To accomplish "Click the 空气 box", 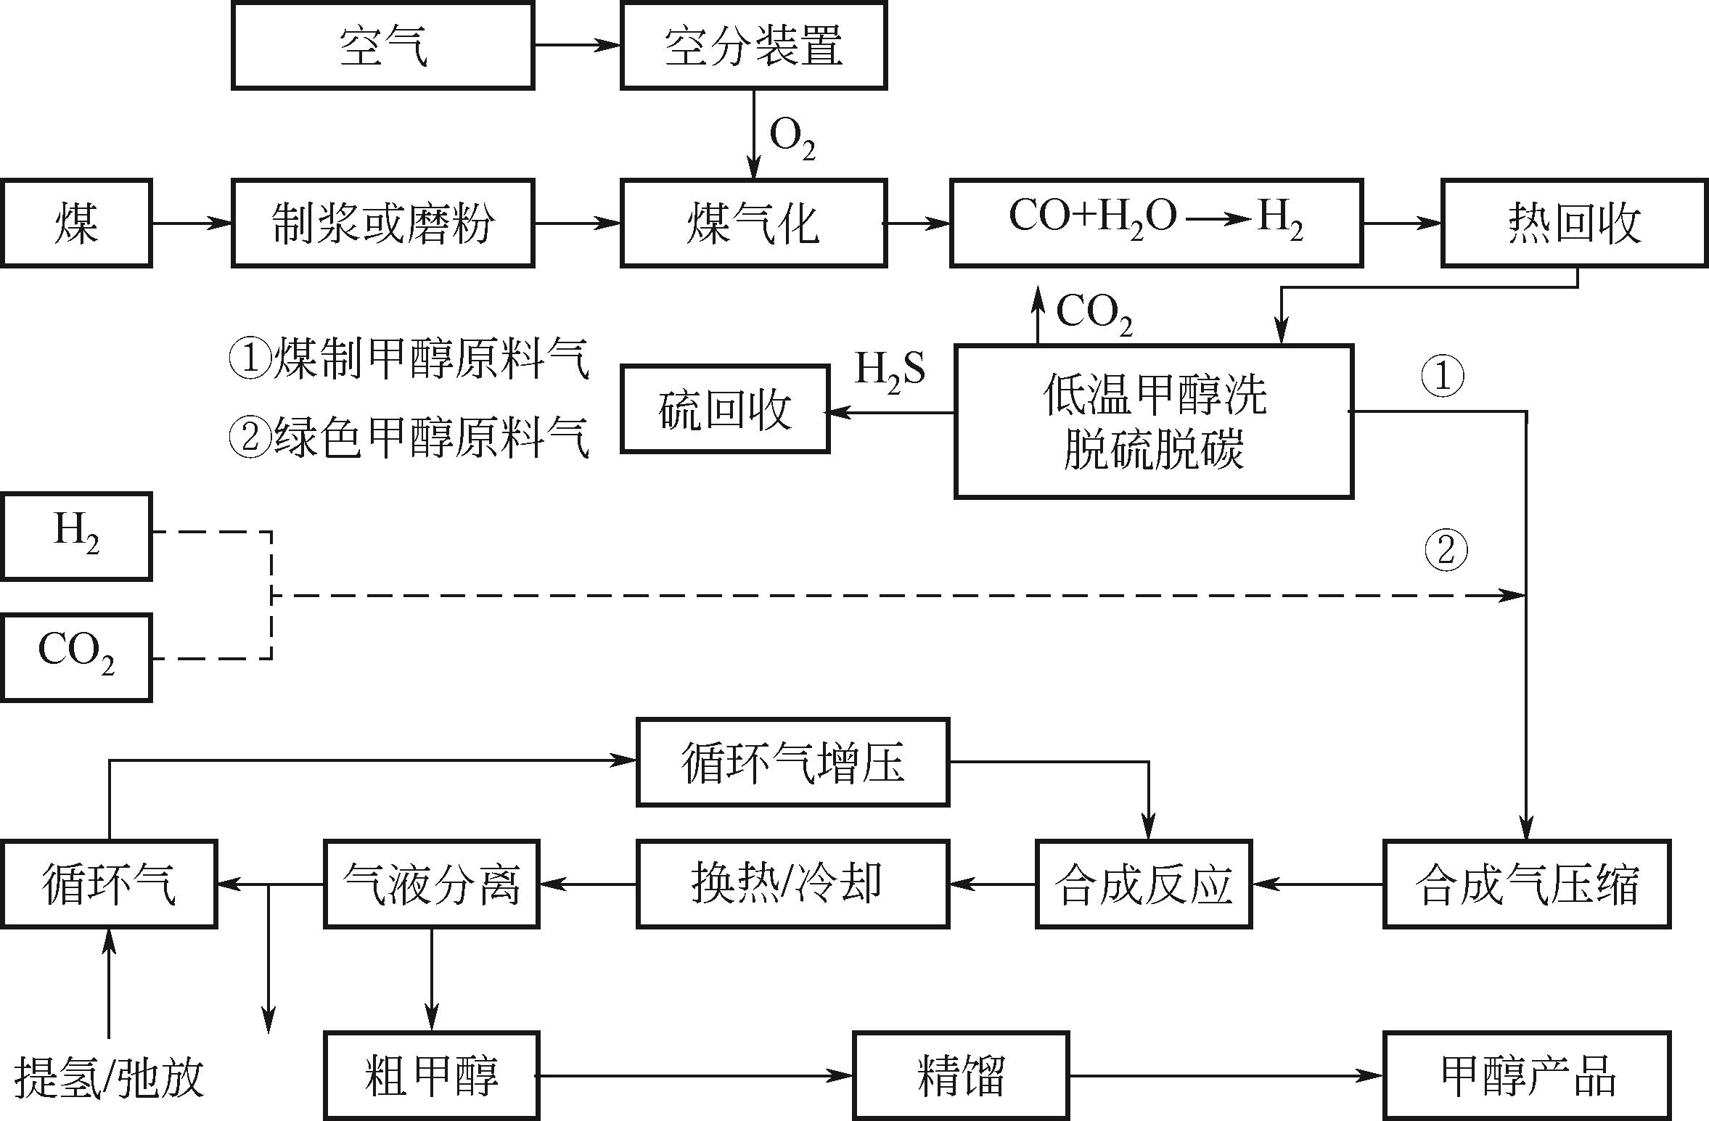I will [x=382, y=45].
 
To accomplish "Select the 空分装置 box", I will [x=753, y=45].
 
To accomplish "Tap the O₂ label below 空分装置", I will [x=792, y=138].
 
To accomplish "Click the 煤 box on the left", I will [x=75, y=223].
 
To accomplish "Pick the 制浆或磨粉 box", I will [x=382, y=223].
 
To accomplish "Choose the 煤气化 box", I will [x=753, y=223].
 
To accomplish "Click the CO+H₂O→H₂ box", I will [x=1155, y=223].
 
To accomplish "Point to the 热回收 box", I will [x=1573, y=223].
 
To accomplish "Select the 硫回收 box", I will [x=724, y=409].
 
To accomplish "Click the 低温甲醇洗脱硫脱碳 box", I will [x=1153, y=421].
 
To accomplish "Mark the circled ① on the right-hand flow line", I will [x=1442, y=376].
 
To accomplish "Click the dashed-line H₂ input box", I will [x=75, y=536].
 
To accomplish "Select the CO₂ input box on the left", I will [x=75, y=657].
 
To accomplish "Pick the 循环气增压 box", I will [x=792, y=762].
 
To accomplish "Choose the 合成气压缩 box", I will [x=1527, y=884].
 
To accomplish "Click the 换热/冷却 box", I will [x=792, y=884].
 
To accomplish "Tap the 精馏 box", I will [x=960, y=1075].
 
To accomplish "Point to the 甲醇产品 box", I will [x=1527, y=1075].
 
